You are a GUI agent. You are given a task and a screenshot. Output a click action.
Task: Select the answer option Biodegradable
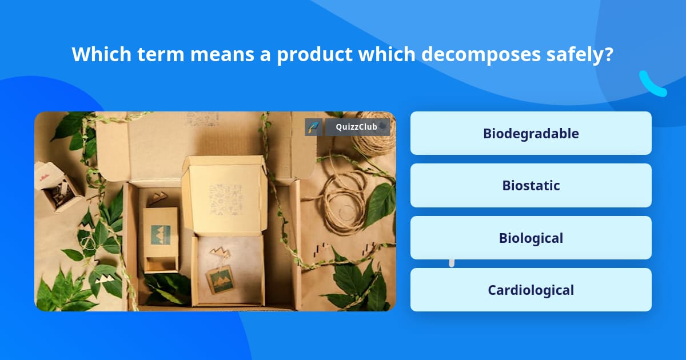531,133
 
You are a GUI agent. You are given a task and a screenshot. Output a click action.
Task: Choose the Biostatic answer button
531,186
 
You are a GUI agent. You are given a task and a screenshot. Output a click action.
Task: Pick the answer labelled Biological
531,238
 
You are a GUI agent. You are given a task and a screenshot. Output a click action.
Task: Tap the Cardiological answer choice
531,290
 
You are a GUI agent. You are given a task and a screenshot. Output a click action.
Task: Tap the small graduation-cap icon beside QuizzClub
313,127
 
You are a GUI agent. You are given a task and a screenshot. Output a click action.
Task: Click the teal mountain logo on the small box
160,234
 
